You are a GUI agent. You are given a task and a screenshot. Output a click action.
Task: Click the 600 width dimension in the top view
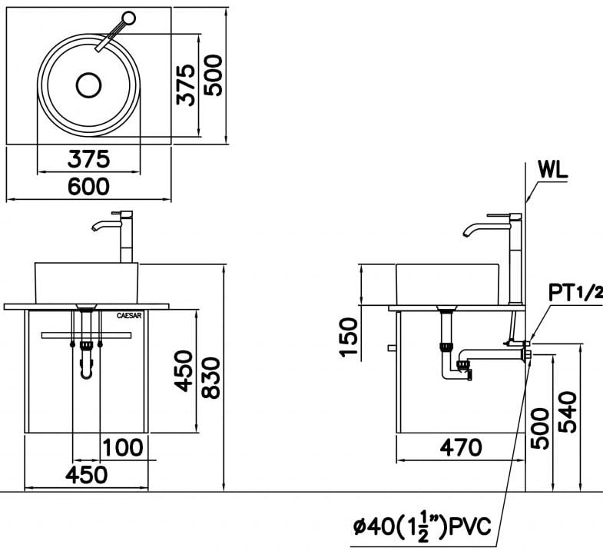[88, 186]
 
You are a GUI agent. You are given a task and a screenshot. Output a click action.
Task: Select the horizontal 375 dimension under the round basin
[88, 159]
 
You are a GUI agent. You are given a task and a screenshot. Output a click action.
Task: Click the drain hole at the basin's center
[89, 85]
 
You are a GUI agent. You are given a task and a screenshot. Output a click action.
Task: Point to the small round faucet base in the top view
[129, 17]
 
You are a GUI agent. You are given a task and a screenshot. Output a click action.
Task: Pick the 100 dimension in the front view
[123, 446]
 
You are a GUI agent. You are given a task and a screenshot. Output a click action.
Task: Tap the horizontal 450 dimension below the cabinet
[85, 474]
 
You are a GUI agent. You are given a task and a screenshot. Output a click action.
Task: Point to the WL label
[552, 171]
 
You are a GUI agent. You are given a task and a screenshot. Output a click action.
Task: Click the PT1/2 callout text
[575, 292]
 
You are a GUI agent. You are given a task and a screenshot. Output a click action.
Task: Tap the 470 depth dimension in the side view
[460, 446]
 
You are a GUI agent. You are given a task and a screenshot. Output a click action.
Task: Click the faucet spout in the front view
[102, 224]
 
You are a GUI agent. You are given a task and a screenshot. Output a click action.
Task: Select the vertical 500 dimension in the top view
[214, 75]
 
